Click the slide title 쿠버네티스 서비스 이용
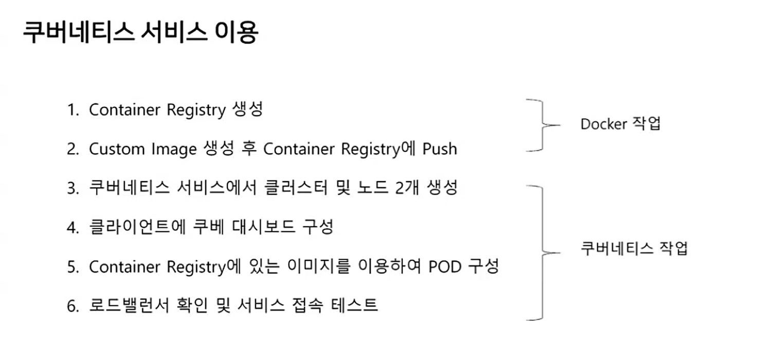[140, 32]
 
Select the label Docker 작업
[620, 124]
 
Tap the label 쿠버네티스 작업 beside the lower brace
[634, 249]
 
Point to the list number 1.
[71, 110]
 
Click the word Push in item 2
[440, 149]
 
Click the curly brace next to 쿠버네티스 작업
[540, 253]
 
